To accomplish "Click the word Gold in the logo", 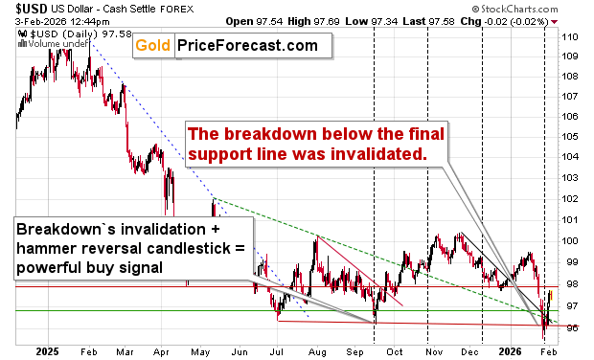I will point(154,45).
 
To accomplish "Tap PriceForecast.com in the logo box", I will point(252,45).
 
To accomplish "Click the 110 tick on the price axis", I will point(570,36).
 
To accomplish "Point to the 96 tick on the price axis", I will point(570,328).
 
